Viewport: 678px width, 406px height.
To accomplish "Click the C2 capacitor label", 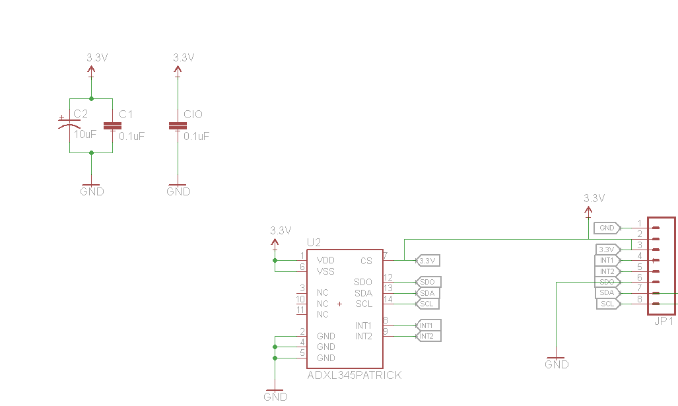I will click(x=80, y=114).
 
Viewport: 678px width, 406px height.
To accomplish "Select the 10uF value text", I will click(x=85, y=134).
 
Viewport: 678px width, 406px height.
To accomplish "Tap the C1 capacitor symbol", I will click(x=112, y=125).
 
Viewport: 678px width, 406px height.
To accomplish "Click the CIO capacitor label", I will click(x=193, y=114).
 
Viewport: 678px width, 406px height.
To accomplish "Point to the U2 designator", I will click(x=314, y=243).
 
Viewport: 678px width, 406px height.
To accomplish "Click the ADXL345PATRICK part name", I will click(x=354, y=375).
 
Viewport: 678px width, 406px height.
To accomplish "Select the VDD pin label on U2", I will click(x=325, y=260).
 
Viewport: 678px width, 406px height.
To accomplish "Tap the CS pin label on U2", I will click(x=366, y=261).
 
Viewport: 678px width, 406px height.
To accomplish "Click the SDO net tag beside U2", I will click(x=428, y=282).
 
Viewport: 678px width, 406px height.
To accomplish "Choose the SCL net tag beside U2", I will click(x=427, y=304).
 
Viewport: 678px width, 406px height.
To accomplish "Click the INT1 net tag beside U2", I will click(x=427, y=325).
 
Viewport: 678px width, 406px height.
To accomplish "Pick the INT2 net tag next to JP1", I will click(x=607, y=271).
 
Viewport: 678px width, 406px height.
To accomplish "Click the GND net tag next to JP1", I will click(x=607, y=228).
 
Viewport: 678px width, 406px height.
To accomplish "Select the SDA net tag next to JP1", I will click(x=607, y=292).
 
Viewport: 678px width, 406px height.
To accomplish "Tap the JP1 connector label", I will click(x=663, y=321).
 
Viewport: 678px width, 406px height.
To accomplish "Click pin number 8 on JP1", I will click(x=639, y=299).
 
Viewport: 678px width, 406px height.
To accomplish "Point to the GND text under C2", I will click(x=92, y=191).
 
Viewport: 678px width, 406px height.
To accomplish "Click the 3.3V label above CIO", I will click(x=184, y=57).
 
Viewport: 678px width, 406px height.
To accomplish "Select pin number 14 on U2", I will click(x=388, y=299).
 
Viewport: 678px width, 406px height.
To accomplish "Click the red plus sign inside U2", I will click(x=339, y=304).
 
